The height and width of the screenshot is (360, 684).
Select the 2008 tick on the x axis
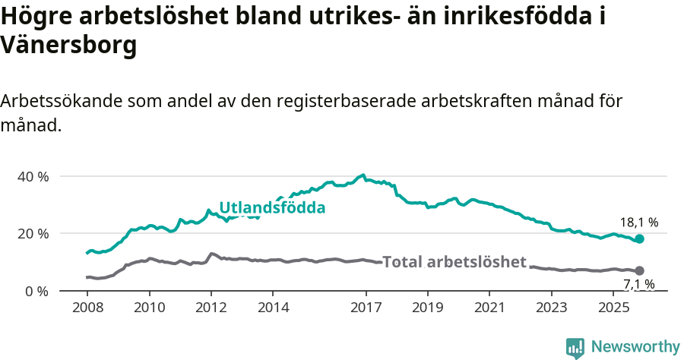click(x=87, y=308)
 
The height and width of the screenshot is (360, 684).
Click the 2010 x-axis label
click(x=149, y=308)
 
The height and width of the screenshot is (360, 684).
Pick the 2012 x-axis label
click(x=211, y=308)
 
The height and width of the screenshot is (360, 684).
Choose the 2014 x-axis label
click(x=273, y=308)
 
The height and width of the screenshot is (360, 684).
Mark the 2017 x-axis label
click(x=366, y=308)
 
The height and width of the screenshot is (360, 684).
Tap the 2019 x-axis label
click(x=427, y=308)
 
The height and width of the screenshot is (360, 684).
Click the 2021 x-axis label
click(x=489, y=308)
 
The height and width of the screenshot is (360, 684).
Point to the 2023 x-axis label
click(x=551, y=308)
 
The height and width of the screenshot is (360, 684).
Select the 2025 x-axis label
click(x=613, y=308)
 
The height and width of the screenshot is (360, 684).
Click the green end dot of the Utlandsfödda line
click(x=639, y=238)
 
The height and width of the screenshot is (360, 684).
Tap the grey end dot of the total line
click(x=639, y=270)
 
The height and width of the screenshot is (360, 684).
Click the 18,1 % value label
click(x=638, y=223)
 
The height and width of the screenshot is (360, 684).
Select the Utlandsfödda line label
click(x=272, y=208)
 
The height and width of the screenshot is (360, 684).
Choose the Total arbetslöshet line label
click(x=454, y=262)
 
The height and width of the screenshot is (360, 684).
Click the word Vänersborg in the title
click(x=69, y=45)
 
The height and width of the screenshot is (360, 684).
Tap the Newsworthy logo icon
click(x=575, y=348)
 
